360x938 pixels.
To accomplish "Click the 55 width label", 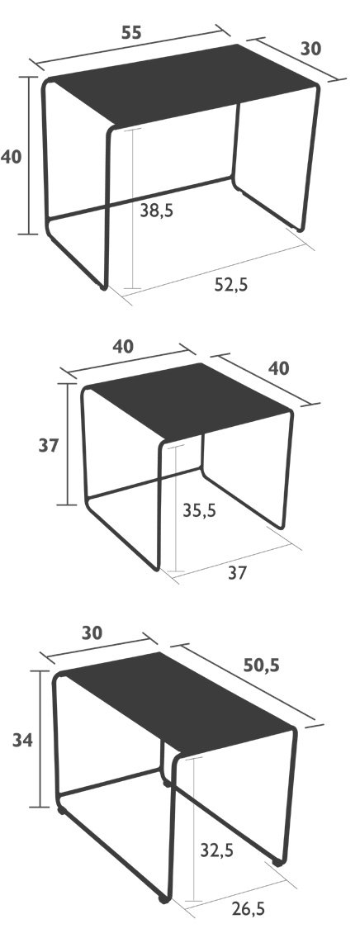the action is point(131,33).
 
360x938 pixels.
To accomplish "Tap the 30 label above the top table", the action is point(310,49).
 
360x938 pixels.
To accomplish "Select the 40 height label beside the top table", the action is point(12,157).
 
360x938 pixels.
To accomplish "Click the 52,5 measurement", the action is point(231,285).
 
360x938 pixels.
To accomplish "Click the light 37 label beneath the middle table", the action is point(237,572).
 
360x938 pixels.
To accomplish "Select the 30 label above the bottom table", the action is point(92,633).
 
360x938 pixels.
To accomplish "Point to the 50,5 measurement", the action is point(261,665).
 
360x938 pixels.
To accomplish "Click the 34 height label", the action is point(23,740).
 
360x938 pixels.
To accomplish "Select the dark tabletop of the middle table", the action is point(189,399).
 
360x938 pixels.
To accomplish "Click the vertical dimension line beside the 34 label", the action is point(40,739).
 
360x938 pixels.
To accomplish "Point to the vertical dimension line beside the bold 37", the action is point(68,444).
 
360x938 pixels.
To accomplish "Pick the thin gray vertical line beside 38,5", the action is point(132,209).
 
